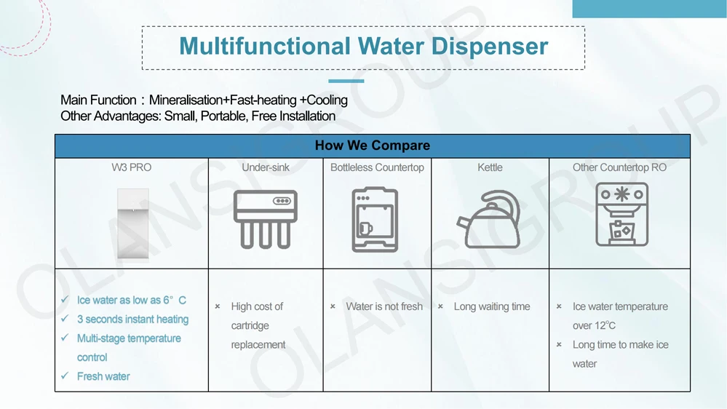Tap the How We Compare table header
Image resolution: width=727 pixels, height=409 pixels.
pos(372,146)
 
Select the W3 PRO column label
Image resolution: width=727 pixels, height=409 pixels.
pos(132,167)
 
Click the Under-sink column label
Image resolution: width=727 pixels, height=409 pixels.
pos(266,167)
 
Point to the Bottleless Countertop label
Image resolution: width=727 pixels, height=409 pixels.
pos(377,167)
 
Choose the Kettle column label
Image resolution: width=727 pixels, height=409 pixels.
pos(490,167)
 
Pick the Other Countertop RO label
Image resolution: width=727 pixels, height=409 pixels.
pos(619,167)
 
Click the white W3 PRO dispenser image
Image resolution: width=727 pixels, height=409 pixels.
pos(133,223)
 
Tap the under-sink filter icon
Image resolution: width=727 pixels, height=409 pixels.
pos(266,219)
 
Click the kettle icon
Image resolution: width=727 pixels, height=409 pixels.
pos(488,220)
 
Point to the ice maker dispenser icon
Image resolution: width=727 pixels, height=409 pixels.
pos(621,214)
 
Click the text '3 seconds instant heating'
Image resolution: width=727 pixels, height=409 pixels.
pos(132,319)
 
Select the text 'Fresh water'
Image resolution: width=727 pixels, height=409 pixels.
pos(103,376)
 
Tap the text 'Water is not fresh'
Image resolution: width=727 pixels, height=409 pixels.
pos(384,306)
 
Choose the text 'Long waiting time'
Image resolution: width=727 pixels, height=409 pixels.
pos(492,306)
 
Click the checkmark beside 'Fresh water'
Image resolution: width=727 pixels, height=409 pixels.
pos(65,376)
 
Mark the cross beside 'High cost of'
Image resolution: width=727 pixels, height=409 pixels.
pos(218,306)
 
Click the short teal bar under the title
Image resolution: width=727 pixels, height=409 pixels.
pos(346,81)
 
